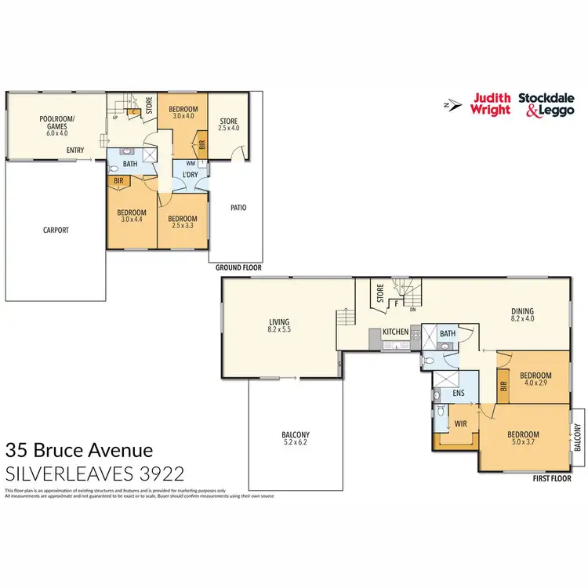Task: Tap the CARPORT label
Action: pyautogui.click(x=56, y=230)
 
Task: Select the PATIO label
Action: pyautogui.click(x=238, y=208)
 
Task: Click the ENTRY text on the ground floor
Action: pyautogui.click(x=75, y=151)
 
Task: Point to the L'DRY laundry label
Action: pyautogui.click(x=189, y=173)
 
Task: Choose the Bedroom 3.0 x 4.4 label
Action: pyautogui.click(x=132, y=216)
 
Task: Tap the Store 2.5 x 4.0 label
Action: pyautogui.click(x=228, y=124)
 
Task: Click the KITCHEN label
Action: pyautogui.click(x=395, y=332)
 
